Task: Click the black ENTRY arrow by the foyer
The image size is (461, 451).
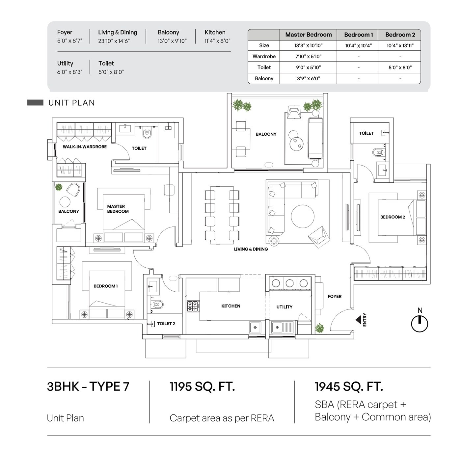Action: pyautogui.click(x=358, y=320)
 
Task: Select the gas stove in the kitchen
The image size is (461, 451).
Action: pyautogui.click(x=193, y=306)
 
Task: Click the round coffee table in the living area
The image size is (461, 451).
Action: pyautogui.click(x=303, y=216)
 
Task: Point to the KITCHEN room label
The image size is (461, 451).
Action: pyautogui.click(x=230, y=306)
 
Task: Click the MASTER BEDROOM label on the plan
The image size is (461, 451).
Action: pyautogui.click(x=118, y=209)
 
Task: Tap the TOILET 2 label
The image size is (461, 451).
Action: pyautogui.click(x=166, y=324)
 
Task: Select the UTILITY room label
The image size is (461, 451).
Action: pyautogui.click(x=284, y=307)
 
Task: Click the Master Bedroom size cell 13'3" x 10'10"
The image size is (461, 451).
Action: pyautogui.click(x=308, y=45)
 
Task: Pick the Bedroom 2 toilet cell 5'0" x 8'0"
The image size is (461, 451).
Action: pyautogui.click(x=400, y=67)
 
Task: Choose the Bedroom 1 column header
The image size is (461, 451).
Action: pyautogui.click(x=358, y=35)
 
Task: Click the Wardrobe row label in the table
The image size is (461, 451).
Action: pyautogui.click(x=264, y=56)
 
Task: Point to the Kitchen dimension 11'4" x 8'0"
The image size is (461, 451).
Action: pyautogui.click(x=217, y=41)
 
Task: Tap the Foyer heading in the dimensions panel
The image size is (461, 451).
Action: pyautogui.click(x=65, y=33)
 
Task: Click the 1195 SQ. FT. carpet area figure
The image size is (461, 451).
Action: pyautogui.click(x=202, y=386)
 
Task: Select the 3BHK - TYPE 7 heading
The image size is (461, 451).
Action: pyautogui.click(x=88, y=386)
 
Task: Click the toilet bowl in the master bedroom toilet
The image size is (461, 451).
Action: pyautogui.click(x=147, y=133)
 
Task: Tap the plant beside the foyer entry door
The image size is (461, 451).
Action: pyautogui.click(x=319, y=328)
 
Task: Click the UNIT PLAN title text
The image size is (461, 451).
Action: pyautogui.click(x=71, y=103)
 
